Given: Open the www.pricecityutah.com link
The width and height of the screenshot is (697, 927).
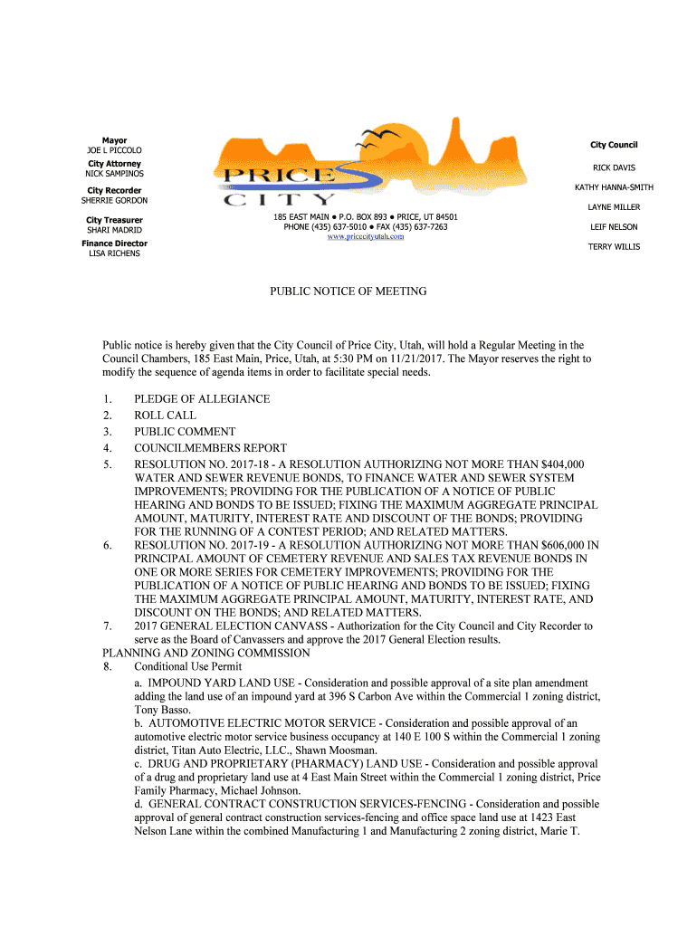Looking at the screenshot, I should click(x=365, y=236).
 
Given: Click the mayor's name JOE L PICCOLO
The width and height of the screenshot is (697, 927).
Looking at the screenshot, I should click(x=114, y=150).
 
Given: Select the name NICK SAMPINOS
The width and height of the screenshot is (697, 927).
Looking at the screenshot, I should click(x=114, y=174).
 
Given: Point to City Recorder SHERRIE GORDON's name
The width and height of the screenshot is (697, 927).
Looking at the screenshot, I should click(x=114, y=201).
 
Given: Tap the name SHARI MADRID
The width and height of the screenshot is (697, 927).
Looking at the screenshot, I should click(x=114, y=230).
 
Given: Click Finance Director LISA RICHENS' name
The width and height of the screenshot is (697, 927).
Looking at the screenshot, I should click(x=114, y=253).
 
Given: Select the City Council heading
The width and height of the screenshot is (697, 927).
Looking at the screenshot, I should click(x=614, y=145).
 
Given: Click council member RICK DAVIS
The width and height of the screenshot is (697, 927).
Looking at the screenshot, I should click(x=614, y=167).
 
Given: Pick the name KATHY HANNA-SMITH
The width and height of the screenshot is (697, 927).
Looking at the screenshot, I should click(x=614, y=187).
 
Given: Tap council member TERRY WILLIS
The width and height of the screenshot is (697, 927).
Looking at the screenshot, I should click(x=614, y=247).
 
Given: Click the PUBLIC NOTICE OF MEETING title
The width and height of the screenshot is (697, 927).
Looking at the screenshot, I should click(x=348, y=291).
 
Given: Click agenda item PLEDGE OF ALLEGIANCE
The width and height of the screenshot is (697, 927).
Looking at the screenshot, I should click(x=202, y=399).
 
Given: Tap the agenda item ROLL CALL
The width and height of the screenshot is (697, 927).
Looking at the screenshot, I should click(x=166, y=416).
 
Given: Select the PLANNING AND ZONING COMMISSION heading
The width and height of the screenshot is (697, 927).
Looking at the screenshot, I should click(x=194, y=653).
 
